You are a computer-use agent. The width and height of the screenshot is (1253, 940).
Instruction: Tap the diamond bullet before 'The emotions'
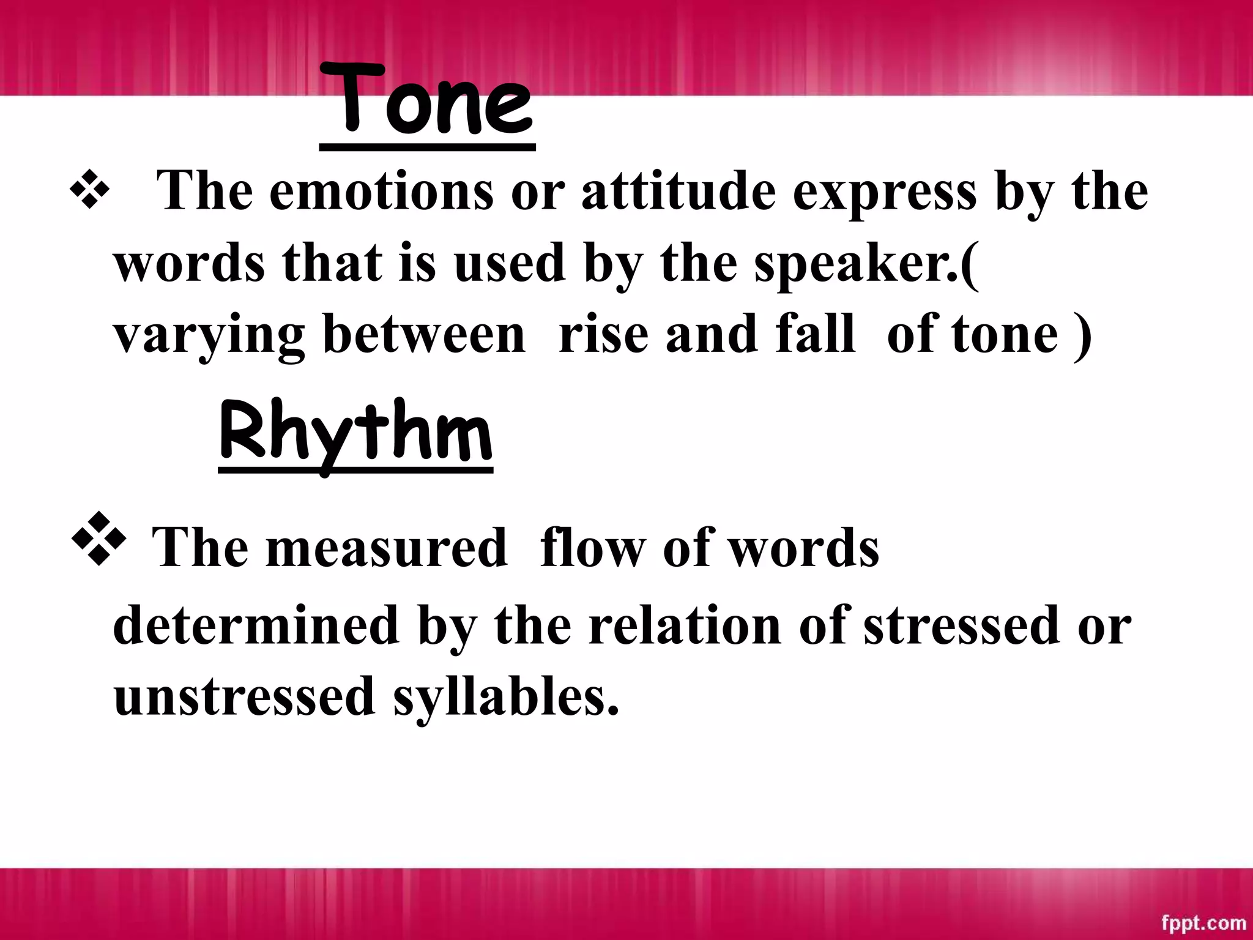click(x=90, y=192)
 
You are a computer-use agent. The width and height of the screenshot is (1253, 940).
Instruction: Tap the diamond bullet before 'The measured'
click(x=99, y=539)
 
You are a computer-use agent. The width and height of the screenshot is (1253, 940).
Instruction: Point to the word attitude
click(x=679, y=192)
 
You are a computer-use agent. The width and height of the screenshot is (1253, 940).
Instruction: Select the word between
click(x=423, y=335)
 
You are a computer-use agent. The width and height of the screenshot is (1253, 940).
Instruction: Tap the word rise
click(x=603, y=335)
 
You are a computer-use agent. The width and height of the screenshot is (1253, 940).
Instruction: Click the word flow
click(x=592, y=548)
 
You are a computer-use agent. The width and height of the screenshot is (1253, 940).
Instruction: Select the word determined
click(x=256, y=625)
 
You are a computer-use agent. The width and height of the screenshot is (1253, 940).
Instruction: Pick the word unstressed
click(x=244, y=697)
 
